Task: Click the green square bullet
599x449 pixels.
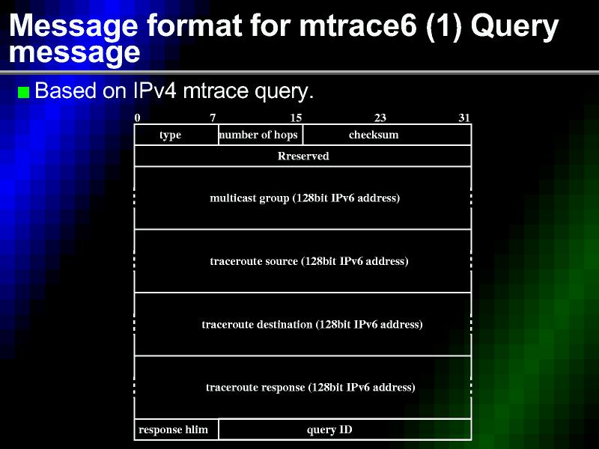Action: [x=24, y=92]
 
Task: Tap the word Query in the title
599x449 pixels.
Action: [x=514, y=28]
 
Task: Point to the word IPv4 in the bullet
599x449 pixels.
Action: [x=155, y=91]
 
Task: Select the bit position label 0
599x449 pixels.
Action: [x=138, y=117]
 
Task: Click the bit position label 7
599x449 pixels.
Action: [x=213, y=117]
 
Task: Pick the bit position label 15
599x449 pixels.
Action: [x=296, y=117]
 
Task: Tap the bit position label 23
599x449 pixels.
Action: [x=380, y=117]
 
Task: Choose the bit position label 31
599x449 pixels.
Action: [x=463, y=117]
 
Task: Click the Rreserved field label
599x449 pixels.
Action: [x=303, y=156]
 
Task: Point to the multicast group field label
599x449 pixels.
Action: [x=305, y=198]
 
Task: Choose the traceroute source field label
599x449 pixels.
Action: [x=309, y=261]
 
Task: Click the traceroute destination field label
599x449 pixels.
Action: [x=312, y=325]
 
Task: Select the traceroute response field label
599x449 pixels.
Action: [x=310, y=388]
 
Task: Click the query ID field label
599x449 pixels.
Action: [x=329, y=430]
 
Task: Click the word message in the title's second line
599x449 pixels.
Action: [x=74, y=52]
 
